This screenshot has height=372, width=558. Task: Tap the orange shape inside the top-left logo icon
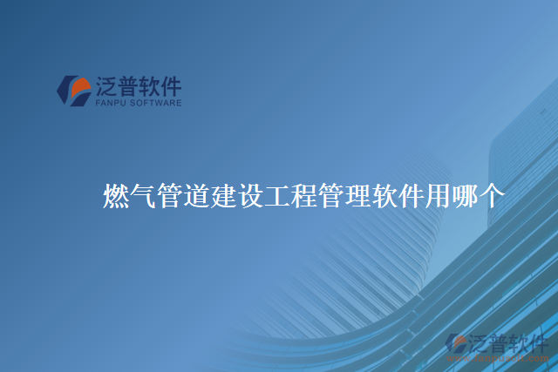pos(80,86)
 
